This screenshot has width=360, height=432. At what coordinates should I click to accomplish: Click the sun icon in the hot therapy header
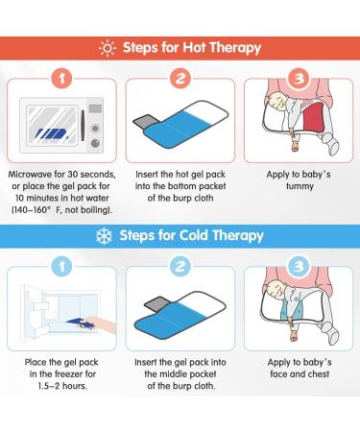click(108, 48)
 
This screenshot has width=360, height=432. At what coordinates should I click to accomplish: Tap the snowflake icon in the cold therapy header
click(104, 236)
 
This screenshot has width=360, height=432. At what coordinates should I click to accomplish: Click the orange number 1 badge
click(61, 79)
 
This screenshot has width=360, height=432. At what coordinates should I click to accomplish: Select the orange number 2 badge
click(180, 79)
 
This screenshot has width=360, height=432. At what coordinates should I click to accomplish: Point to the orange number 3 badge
click(299, 79)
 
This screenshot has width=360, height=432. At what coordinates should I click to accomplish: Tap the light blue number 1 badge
click(61, 266)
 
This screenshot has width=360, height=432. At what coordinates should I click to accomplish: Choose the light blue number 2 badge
click(180, 266)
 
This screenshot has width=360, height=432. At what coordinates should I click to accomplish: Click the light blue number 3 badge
click(299, 266)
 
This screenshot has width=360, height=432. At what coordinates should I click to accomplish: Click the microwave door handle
click(83, 125)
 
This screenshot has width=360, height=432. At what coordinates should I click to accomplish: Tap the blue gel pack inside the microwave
click(51, 133)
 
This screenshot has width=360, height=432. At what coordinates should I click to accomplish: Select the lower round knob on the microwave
click(95, 143)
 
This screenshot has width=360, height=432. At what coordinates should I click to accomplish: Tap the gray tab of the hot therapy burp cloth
click(143, 121)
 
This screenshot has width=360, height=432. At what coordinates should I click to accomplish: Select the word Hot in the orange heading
click(194, 48)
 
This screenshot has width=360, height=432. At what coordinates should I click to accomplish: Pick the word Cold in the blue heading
click(193, 235)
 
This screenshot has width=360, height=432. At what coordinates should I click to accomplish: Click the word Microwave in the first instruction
click(30, 175)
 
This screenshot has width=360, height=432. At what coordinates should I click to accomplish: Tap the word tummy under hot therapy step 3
click(300, 186)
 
